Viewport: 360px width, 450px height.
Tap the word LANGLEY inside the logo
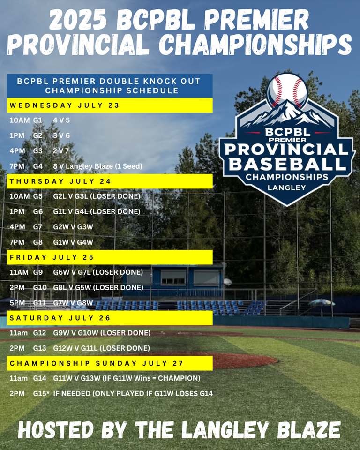click(287, 187)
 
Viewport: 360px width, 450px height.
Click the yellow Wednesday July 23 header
click(110, 105)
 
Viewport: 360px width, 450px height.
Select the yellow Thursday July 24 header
click(110, 181)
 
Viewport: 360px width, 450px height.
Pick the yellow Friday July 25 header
click(110, 257)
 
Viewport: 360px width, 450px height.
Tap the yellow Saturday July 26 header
click(110, 318)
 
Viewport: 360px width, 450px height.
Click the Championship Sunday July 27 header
click(110, 363)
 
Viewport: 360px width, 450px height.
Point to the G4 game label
click(37, 166)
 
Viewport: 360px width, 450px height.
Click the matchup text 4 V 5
click(61, 120)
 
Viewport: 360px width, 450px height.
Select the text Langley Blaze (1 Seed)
click(104, 166)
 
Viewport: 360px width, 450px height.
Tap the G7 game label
click(37, 227)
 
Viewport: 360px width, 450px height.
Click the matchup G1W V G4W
click(73, 242)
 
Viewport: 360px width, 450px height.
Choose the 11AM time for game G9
click(19, 272)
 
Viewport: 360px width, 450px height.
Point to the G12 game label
click(39, 333)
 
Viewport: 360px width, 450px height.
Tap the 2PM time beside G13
click(17, 348)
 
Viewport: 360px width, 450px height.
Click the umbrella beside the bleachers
click(322, 302)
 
